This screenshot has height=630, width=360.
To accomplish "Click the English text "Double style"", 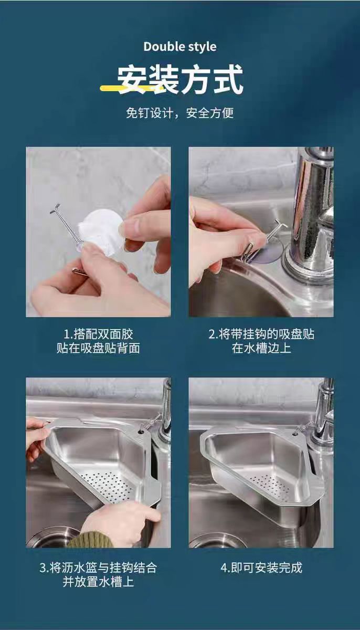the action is click(180, 47).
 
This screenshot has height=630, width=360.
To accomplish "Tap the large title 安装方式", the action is click(180, 79).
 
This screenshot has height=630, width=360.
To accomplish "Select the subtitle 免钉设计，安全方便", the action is click(180, 113).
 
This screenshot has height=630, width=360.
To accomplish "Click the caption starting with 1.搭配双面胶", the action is click(98, 341).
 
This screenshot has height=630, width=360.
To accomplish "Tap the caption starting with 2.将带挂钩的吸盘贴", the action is click(261, 341).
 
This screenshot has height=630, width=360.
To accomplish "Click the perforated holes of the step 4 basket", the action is click(269, 486).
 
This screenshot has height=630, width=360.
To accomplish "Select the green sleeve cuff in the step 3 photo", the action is click(90, 540).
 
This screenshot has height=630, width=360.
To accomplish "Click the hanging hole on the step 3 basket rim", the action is click(140, 430).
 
